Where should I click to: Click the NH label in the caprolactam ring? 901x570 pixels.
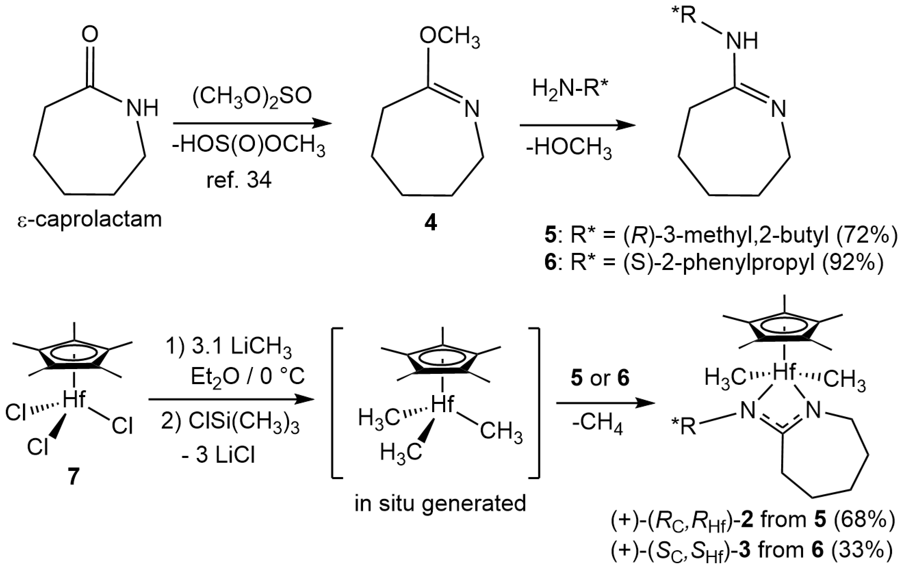(x=142, y=108)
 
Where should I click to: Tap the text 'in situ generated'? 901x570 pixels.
(x=440, y=503)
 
